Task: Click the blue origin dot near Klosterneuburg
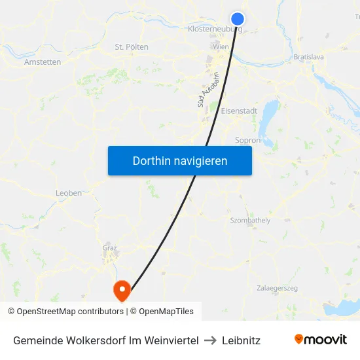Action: click(x=238, y=19)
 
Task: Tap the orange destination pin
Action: click(x=122, y=289)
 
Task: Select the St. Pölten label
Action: click(x=132, y=47)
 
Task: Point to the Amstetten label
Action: click(x=43, y=62)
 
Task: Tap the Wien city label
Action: click(x=221, y=47)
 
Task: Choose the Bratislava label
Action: click(x=309, y=58)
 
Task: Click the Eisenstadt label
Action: click(x=239, y=111)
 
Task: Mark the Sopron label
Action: click(x=247, y=140)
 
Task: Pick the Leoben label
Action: click(x=69, y=193)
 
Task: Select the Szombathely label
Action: click(x=250, y=221)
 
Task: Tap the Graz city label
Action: click(x=109, y=247)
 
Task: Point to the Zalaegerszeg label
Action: click(x=278, y=288)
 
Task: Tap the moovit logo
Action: click(x=321, y=339)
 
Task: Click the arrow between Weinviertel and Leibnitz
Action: click(x=209, y=340)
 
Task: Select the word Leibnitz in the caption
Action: click(x=241, y=340)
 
